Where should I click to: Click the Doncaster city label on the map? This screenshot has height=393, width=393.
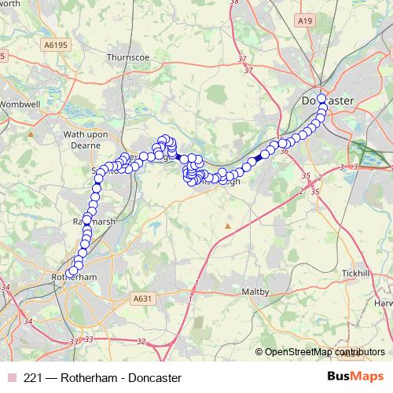click(x=329, y=101)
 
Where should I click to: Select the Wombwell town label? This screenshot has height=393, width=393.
click(x=19, y=104)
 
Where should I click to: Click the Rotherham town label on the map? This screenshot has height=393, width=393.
click(x=73, y=277)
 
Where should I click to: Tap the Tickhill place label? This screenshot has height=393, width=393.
click(x=355, y=273)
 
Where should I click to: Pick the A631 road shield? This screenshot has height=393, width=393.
click(x=142, y=299)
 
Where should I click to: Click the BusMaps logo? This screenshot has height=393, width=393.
click(x=356, y=376)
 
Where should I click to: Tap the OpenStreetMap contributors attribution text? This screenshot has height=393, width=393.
click(x=325, y=351)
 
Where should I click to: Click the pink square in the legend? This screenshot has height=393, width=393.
click(x=11, y=377)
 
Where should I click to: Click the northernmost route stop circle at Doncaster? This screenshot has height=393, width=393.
click(x=322, y=99)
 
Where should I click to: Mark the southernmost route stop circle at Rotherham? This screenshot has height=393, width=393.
click(x=72, y=272)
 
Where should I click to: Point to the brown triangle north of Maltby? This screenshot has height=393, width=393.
click(x=228, y=226)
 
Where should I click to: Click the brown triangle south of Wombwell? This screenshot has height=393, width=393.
click(x=31, y=134)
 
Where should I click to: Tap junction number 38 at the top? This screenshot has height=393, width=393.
click(x=233, y=3)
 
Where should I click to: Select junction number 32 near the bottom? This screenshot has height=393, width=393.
click(x=141, y=341)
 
